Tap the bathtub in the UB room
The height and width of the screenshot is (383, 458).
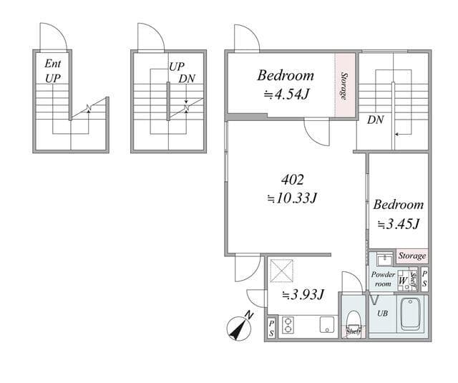point(411,314)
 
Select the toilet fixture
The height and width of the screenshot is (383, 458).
point(354,322)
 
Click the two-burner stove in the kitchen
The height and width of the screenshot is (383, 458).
point(288,325)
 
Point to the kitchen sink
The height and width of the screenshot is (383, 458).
point(327,325)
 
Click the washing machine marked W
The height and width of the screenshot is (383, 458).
point(404,281)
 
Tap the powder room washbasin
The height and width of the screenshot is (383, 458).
point(385,259)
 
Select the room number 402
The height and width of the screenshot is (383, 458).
point(293,180)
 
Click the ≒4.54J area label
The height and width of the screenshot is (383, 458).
point(286,94)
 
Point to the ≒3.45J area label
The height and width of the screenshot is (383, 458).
point(399,224)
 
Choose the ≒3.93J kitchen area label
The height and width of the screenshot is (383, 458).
point(303,295)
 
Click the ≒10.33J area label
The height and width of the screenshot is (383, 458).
point(293,198)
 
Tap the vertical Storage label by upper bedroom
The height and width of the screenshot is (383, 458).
point(344,87)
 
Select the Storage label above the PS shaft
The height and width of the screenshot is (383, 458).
point(412,256)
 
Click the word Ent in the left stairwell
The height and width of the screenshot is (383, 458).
point(53,64)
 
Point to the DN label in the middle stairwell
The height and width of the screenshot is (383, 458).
point(187,79)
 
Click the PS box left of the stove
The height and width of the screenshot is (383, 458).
point(271,328)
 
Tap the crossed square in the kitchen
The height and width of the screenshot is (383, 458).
point(281,271)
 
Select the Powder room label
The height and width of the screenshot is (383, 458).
point(383,279)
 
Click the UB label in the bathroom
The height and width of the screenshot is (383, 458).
point(382,314)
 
